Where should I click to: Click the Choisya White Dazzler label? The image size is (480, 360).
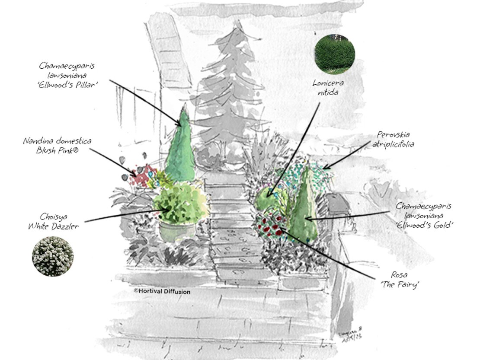tap(54, 221)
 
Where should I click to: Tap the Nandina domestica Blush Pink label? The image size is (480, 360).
tap(57, 146)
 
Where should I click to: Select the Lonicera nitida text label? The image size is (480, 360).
tap(328, 87)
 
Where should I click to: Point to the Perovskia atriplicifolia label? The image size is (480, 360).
tap(393, 139)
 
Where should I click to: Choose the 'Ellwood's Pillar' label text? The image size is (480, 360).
tap(67, 85)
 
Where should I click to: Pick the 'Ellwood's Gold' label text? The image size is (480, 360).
tap(424, 225)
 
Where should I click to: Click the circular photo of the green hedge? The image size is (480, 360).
tap(335, 54)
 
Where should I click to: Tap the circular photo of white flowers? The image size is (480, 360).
tap(53, 256)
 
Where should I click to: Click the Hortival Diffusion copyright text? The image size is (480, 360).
tap(162, 291)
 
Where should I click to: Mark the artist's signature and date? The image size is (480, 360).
tap(351, 332)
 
